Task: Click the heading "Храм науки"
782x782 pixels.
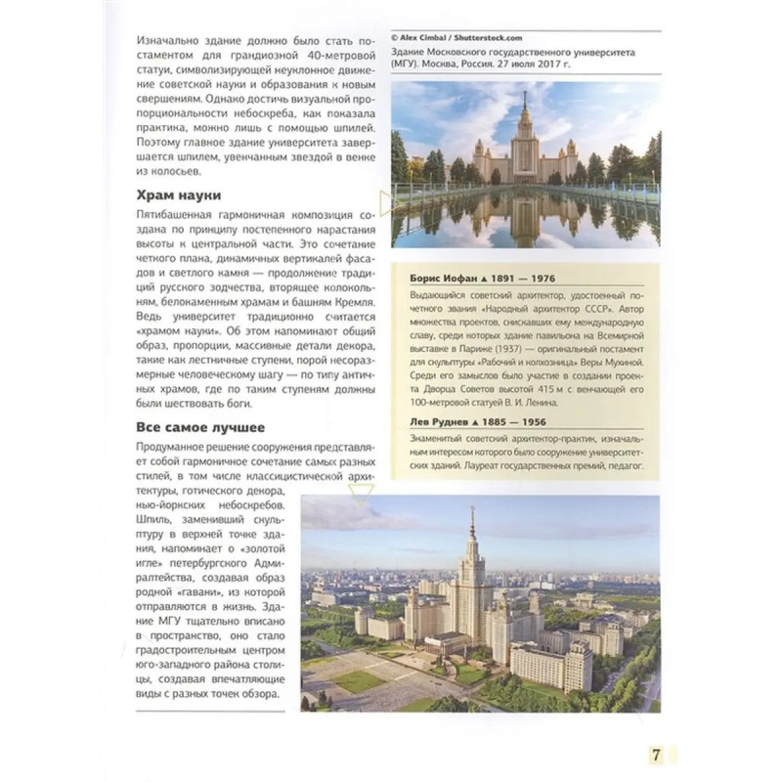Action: (179, 196)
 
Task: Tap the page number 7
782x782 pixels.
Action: (657, 754)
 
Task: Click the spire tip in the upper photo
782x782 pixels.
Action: (525, 93)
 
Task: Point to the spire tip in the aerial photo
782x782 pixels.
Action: (472, 509)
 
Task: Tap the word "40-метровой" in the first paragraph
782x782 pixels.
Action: (326, 61)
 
